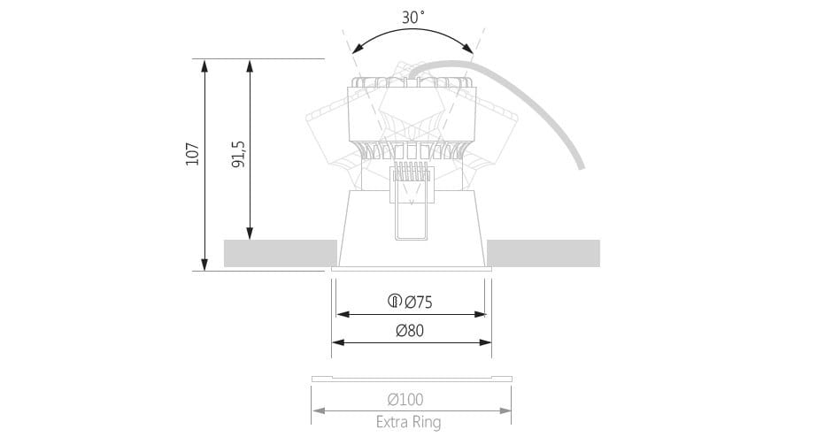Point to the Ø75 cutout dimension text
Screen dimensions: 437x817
[x=419, y=303]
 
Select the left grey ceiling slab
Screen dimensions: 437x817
[x=280, y=253]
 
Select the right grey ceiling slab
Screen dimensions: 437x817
[x=543, y=253]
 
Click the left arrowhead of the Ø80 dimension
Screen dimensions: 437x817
[x=336, y=341]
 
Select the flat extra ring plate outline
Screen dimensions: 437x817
[x=412, y=379]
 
